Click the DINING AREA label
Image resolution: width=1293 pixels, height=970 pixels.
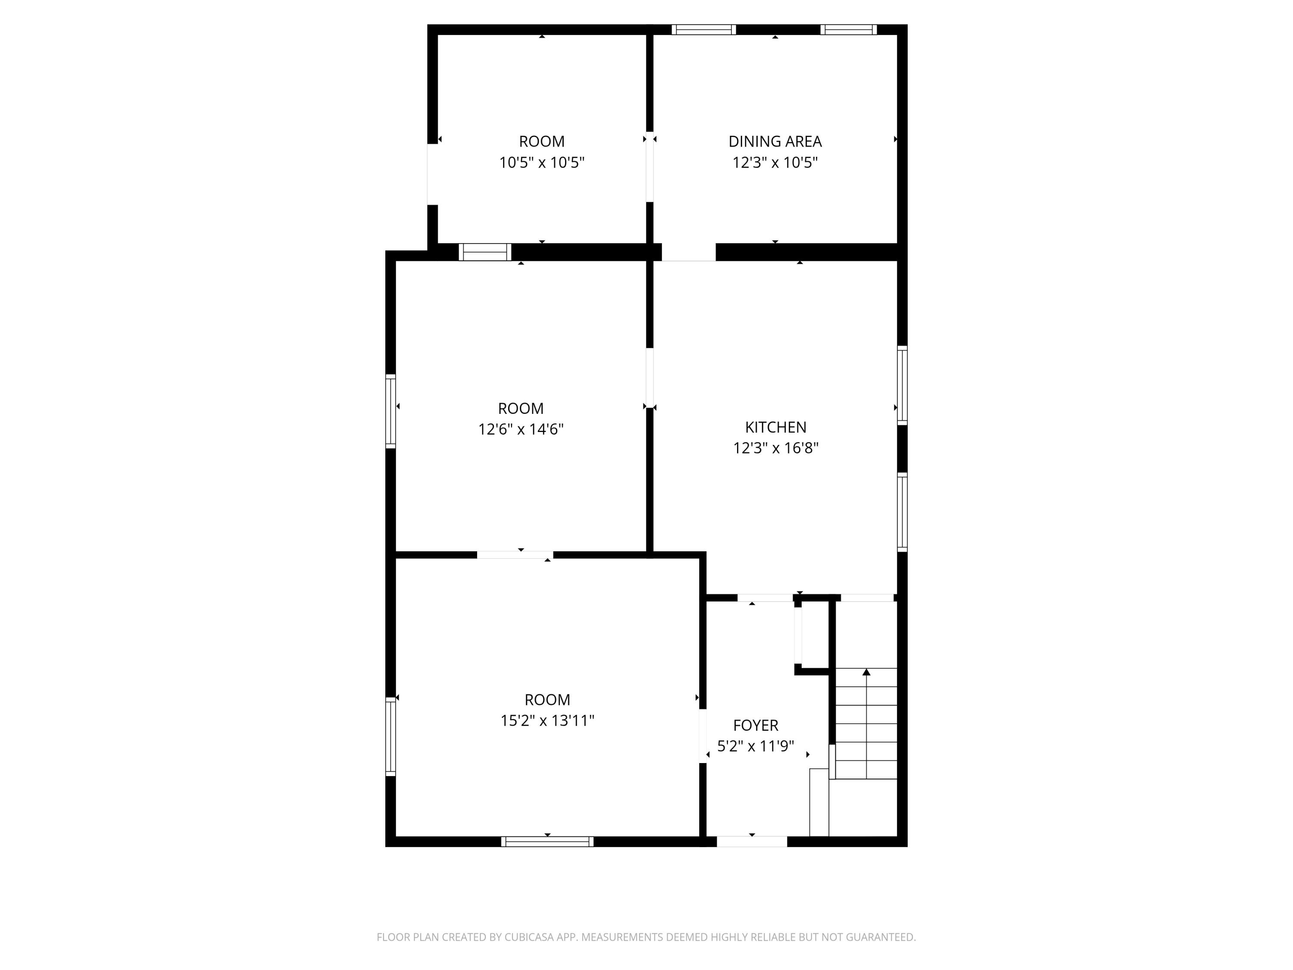click(775, 141)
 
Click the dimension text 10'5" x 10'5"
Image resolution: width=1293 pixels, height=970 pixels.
click(541, 163)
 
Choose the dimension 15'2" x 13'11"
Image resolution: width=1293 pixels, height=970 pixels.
click(547, 720)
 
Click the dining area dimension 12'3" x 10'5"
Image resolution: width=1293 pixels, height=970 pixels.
click(775, 163)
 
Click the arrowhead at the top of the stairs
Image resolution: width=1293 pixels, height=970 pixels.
click(866, 673)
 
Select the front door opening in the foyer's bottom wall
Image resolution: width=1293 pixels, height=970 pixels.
click(752, 842)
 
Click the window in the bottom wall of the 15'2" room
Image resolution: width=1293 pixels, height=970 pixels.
click(547, 842)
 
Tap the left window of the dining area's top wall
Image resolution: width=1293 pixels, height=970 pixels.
click(703, 30)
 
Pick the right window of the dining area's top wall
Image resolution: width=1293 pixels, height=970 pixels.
click(848, 30)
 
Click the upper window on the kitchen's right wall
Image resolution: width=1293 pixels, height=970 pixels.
click(902, 385)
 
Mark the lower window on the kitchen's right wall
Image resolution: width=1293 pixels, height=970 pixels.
click(902, 512)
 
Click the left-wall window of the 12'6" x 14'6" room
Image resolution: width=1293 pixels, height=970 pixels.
click(390, 411)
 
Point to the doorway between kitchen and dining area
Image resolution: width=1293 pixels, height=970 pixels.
click(689, 252)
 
